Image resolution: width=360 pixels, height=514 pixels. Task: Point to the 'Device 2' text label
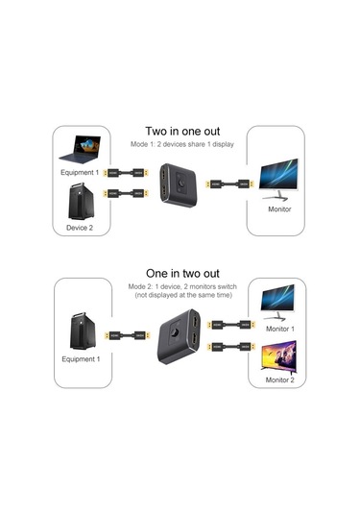tap(79, 228)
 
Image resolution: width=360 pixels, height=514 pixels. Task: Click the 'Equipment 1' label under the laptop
tap(79, 174)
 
